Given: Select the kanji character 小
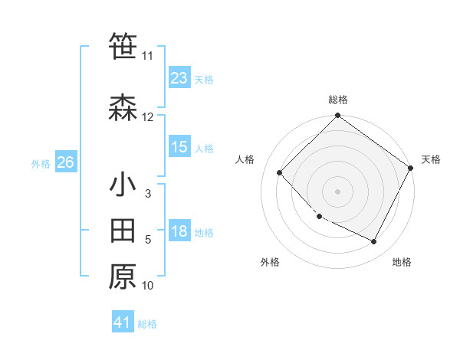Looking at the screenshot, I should coord(123,185).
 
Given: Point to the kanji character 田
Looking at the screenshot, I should coord(123,231).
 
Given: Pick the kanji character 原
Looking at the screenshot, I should coord(123,277).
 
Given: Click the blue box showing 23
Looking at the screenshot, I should coord(179,78).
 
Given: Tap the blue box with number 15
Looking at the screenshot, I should coord(179,148).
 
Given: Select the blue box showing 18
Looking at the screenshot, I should coord(179,232).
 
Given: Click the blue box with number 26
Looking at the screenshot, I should coord(65,162).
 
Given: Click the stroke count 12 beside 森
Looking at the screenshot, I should coord(148,117).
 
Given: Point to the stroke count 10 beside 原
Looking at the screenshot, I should coord(148,286).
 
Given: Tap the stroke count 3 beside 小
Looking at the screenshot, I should coord(148,194).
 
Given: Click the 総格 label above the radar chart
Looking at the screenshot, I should coord(338,100).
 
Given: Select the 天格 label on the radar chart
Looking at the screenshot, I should coord(431,159).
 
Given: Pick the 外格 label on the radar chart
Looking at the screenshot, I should coord(270,262).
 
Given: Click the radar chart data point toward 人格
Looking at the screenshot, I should coord(280,172).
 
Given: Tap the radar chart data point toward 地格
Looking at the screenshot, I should coord(374,242).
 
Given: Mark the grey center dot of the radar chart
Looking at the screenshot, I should coord(338,191).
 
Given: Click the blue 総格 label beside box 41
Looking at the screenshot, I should coord(147,324).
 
